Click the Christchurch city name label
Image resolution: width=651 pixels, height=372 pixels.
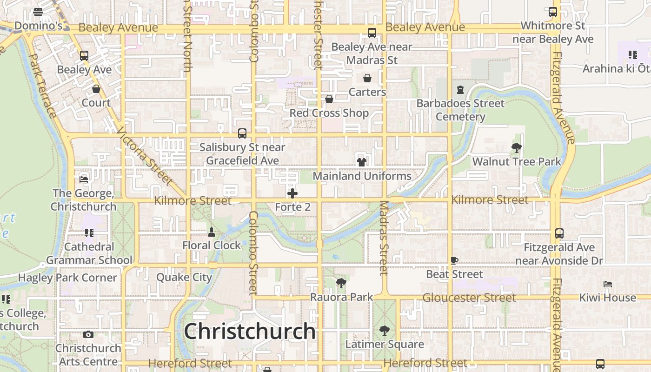(x=250, y=332)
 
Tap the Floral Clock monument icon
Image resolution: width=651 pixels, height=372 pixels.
(x=212, y=232)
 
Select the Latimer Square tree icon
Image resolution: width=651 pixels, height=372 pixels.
(x=384, y=331)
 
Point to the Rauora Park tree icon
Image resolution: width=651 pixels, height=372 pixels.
(x=341, y=283)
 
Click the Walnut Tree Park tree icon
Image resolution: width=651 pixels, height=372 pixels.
(x=516, y=148)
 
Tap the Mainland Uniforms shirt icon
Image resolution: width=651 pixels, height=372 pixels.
(x=362, y=162)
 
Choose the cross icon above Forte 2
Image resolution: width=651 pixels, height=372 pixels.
(x=292, y=193)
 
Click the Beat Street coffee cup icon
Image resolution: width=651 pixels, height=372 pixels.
(x=454, y=260)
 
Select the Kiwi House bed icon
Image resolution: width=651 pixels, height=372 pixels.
(x=607, y=284)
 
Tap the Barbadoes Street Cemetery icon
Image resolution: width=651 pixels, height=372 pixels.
(x=460, y=89)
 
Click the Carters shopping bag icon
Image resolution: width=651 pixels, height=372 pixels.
(x=367, y=78)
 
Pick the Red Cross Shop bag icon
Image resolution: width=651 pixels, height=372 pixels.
(x=329, y=99)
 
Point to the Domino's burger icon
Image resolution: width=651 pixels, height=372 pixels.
(x=38, y=12)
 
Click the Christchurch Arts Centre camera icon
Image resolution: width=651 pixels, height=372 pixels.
(x=88, y=334)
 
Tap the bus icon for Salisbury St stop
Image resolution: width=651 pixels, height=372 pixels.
(x=242, y=133)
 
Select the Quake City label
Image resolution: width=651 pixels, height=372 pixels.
(x=184, y=278)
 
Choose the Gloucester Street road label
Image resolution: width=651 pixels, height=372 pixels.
(x=469, y=298)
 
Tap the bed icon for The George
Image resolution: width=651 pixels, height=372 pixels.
(x=84, y=179)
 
